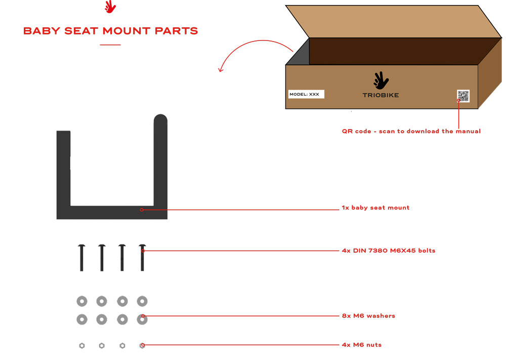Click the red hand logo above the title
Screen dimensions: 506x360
tap(110, 7)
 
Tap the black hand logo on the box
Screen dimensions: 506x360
tap(381, 81)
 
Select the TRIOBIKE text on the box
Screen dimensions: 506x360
tap(381, 95)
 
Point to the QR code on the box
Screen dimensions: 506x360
tap(463, 96)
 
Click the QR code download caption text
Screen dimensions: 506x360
tap(411, 131)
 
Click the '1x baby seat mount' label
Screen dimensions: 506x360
tap(375, 208)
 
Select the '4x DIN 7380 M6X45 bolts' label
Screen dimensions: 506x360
tap(389, 251)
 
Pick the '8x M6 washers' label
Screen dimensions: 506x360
tap(368, 316)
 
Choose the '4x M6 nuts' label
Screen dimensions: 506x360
tap(362, 345)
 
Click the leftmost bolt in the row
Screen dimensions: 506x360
tap(81, 258)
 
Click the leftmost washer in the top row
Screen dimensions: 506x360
tap(82, 301)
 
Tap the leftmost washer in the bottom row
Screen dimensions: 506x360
tap(82, 319)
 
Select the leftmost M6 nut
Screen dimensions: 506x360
tap(82, 346)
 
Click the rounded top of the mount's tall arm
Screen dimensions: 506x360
tap(160, 119)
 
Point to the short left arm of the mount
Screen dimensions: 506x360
tap(64, 168)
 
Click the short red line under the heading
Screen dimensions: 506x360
tap(110, 45)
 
